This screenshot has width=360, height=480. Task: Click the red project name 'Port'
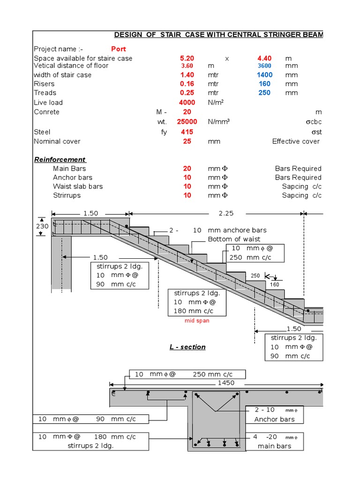pos(118,49)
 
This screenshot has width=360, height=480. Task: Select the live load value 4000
pos(187,103)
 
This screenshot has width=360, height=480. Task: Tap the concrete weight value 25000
pos(187,122)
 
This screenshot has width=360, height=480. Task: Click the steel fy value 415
pos(187,132)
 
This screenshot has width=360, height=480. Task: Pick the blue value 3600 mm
pos(264,66)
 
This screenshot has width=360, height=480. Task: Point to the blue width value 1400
pos(264,75)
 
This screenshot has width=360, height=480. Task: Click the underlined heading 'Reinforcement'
pos(60,159)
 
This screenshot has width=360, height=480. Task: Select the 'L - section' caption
pos(187,347)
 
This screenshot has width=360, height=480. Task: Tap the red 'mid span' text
pos(197,321)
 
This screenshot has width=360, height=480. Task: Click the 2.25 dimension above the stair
pos(226,213)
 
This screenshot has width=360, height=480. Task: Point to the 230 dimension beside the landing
pos(42,226)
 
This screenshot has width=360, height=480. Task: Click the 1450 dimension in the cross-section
pos(226,383)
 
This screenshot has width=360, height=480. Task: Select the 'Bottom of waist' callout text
pos(234,240)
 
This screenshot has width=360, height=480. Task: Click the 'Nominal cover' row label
pos(57,141)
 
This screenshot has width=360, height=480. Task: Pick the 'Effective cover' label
pos(296,141)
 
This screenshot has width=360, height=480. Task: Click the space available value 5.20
pos(187,58)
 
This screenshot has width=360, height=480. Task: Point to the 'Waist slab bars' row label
pos(78,187)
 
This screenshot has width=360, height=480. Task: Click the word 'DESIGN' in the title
pos(129,36)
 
